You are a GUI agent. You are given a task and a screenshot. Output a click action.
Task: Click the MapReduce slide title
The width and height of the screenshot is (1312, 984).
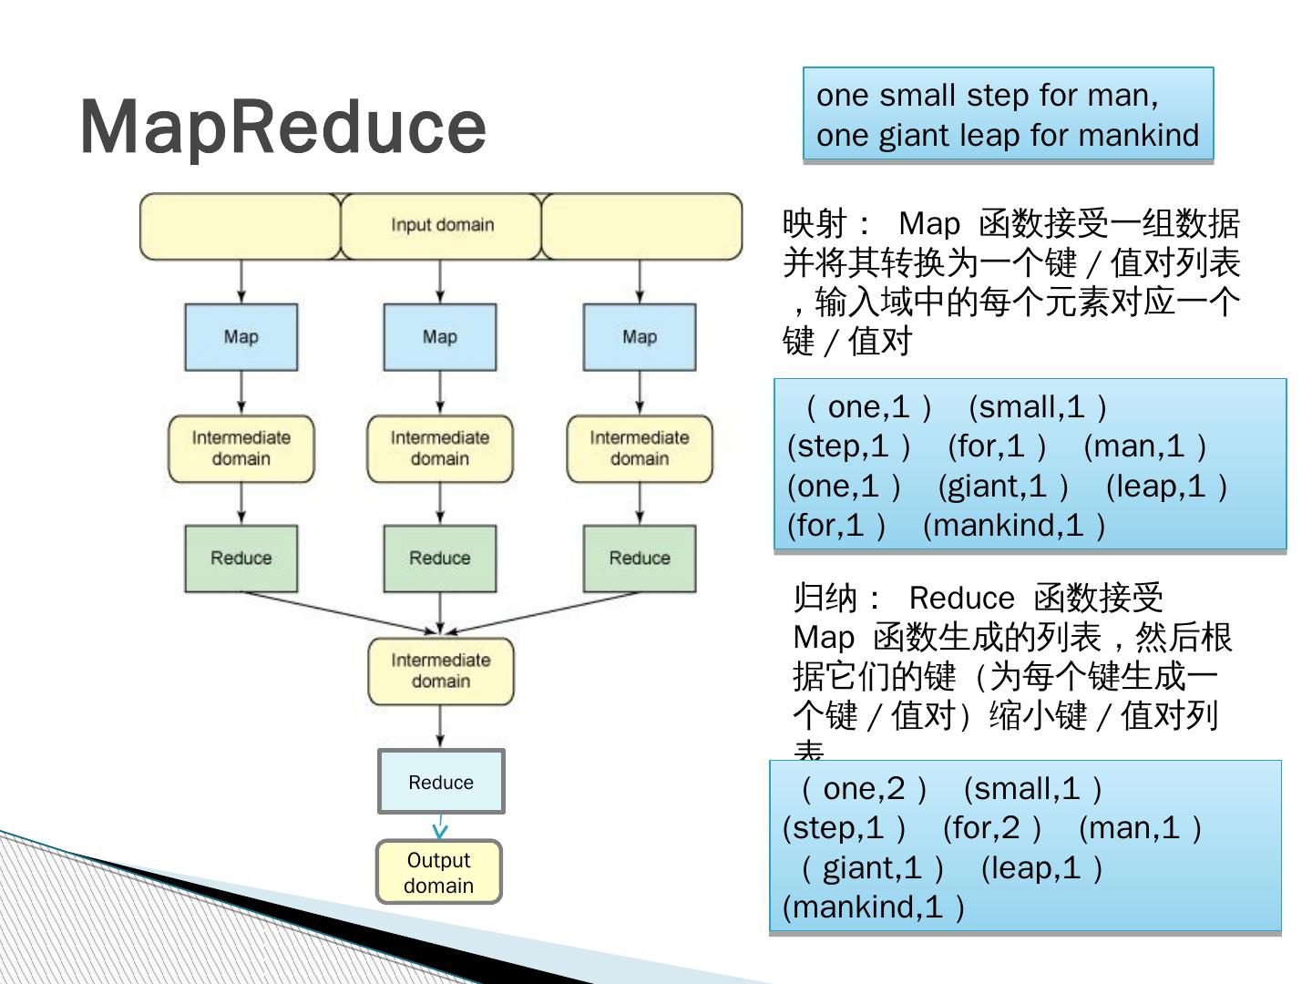282,126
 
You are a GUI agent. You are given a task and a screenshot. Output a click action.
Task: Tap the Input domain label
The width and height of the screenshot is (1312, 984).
442,225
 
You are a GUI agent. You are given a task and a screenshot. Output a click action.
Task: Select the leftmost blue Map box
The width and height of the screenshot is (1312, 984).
241,337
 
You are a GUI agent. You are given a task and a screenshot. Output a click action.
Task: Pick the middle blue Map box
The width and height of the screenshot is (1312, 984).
440,337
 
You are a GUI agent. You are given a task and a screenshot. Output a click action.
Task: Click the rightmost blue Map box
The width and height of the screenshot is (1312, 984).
640,337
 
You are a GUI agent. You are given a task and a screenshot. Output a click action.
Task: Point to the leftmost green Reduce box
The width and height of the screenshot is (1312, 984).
241,558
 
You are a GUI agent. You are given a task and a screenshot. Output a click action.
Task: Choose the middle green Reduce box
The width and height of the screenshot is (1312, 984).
440,558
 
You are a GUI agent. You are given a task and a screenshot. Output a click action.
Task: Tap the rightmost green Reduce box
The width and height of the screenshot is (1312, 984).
640,558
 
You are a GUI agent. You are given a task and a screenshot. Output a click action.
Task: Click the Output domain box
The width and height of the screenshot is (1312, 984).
439,872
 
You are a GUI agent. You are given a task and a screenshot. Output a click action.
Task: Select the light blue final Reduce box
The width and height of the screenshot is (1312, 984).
441,782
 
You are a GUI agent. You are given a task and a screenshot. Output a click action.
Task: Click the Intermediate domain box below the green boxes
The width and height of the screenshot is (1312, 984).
441,671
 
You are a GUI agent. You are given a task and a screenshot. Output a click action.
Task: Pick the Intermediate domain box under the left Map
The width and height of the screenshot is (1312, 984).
241,448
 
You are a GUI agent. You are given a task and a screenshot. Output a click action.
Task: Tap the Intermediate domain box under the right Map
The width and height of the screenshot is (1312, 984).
640,448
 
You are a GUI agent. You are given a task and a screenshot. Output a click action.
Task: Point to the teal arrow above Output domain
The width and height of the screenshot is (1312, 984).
441,827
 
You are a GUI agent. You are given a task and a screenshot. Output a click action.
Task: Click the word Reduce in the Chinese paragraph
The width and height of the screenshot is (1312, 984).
961,599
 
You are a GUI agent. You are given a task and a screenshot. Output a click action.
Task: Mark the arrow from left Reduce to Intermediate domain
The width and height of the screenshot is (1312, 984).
337,611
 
